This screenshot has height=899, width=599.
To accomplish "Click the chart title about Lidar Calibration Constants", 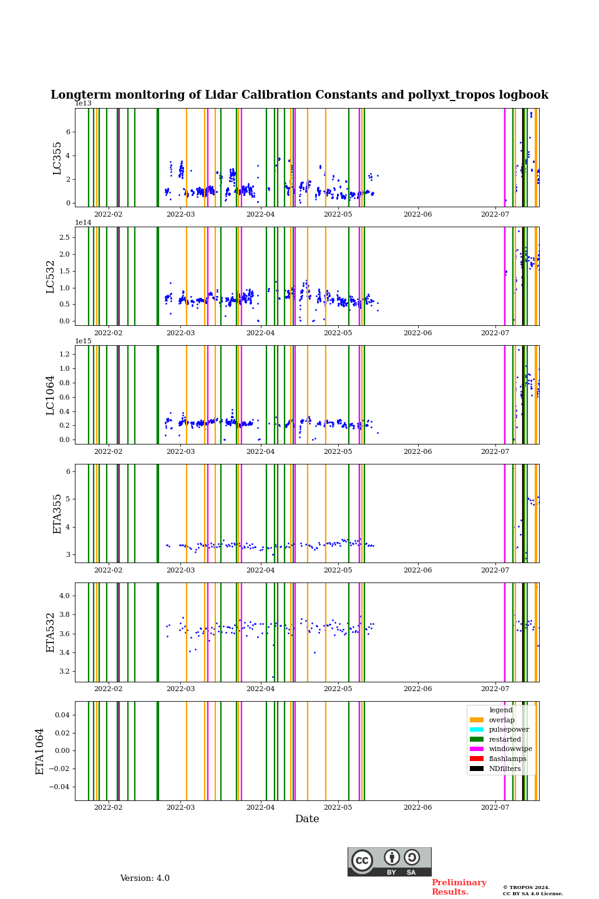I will click(x=299, y=95).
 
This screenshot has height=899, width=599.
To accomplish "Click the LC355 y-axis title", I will click(x=57, y=158).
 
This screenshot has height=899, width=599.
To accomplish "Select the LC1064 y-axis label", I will click(x=51, y=395).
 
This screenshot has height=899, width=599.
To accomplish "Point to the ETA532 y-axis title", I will click(x=51, y=632).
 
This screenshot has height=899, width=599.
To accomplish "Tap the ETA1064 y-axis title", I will click(x=40, y=751).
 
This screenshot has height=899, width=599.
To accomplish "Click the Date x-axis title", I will click(x=307, y=819).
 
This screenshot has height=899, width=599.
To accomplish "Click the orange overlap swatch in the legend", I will click(x=477, y=720).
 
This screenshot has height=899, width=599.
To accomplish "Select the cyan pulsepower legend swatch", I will click(x=477, y=729).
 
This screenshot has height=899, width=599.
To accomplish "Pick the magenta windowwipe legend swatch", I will click(x=477, y=749).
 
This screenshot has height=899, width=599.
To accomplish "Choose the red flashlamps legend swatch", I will click(x=477, y=759).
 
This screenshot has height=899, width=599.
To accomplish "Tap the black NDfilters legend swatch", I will click(x=477, y=769).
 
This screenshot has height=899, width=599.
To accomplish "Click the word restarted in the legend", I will click(x=505, y=739).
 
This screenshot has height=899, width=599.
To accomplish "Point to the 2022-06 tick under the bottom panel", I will click(x=417, y=808).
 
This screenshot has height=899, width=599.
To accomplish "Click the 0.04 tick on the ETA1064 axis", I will click(x=62, y=714).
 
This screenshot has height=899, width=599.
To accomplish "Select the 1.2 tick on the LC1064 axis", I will click(x=64, y=354).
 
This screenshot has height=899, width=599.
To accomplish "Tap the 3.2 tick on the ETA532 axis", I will click(x=64, y=672).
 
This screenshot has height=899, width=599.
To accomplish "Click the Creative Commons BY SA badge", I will click(x=389, y=862).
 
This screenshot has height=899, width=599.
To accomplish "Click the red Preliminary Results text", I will click(x=459, y=887).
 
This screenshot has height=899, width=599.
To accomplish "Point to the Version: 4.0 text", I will click(x=145, y=878).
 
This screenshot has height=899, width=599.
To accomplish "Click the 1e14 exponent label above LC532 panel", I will click(x=83, y=223).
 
